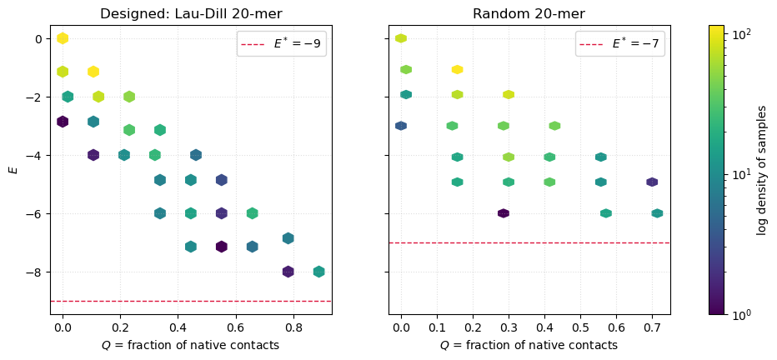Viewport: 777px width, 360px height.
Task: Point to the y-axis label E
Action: [12, 169]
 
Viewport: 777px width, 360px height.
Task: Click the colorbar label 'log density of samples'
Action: [761, 169]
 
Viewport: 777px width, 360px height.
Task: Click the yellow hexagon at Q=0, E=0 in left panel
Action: [63, 38]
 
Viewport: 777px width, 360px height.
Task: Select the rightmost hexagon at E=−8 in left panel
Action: [318, 272]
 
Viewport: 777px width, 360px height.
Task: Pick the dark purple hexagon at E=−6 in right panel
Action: [503, 213]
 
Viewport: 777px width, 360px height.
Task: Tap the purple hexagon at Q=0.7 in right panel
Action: [652, 182]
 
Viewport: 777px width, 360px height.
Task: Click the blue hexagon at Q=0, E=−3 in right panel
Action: [401, 126]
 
